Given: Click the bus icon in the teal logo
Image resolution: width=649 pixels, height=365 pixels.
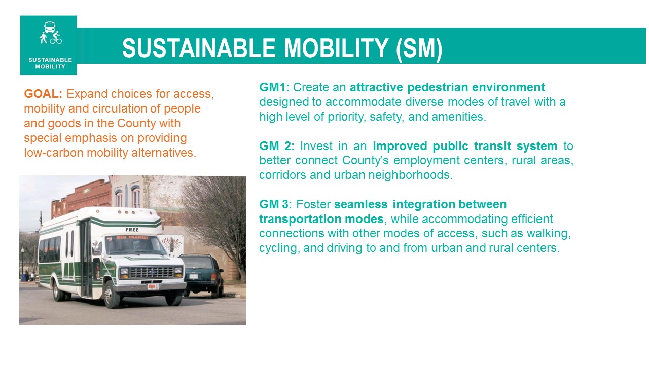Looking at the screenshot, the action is click(50, 27).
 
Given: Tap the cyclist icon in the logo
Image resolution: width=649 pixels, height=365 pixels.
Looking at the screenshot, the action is click(56, 38).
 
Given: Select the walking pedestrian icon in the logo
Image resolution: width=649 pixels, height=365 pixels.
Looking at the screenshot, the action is click(44, 38).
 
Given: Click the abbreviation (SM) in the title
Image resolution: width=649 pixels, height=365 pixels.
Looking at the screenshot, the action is click(419, 48).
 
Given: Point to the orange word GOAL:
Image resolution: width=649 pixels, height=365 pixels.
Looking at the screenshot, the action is click(43, 94).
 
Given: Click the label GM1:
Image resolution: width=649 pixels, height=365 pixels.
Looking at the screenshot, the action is click(274, 87).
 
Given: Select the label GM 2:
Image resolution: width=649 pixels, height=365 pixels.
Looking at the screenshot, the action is click(276, 146).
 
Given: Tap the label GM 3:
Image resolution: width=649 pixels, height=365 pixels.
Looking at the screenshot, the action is click(275, 204).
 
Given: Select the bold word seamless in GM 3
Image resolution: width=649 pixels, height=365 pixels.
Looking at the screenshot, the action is click(360, 204).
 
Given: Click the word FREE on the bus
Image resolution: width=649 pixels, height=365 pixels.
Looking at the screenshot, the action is click(132, 230).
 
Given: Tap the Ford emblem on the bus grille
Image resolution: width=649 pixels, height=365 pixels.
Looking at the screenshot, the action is click(153, 272).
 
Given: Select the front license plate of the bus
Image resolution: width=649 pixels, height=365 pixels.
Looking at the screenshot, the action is click(153, 286).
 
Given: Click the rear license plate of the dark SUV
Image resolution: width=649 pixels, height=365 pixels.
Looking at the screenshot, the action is click(193, 276).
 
